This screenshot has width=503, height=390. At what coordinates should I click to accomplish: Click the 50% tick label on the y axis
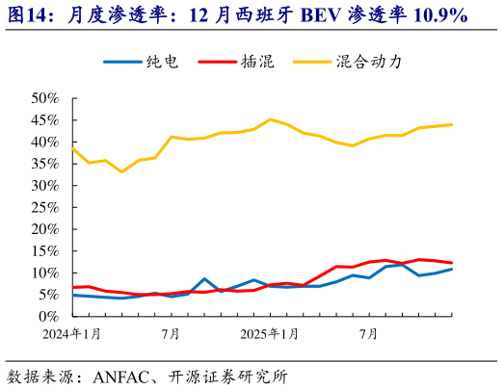tap(45, 98)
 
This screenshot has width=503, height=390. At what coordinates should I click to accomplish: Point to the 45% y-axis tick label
tap(45, 120)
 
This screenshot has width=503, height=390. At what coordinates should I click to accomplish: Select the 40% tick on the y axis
tap(45, 142)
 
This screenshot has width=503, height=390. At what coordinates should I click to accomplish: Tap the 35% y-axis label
tap(45, 164)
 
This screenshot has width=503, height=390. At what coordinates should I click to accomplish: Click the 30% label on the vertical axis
tap(45, 186)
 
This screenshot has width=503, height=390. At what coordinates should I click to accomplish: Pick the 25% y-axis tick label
tap(45, 207)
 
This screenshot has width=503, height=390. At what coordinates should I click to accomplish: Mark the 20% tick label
tap(45, 229)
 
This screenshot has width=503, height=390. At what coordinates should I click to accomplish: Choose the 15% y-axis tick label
tap(45, 251)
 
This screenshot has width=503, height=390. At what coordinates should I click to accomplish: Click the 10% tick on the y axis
tap(45, 273)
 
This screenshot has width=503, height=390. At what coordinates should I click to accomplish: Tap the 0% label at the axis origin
tap(49, 317)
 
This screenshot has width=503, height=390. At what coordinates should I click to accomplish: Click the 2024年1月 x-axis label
tap(72, 333)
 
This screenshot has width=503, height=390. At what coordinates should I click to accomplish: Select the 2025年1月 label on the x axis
tap(270, 333)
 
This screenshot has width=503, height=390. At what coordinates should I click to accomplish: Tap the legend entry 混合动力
tap(367, 62)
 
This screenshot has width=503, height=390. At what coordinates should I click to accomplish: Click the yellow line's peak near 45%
tap(271, 119)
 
